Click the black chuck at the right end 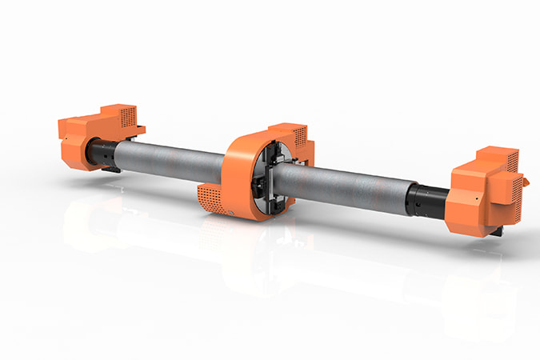424,200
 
